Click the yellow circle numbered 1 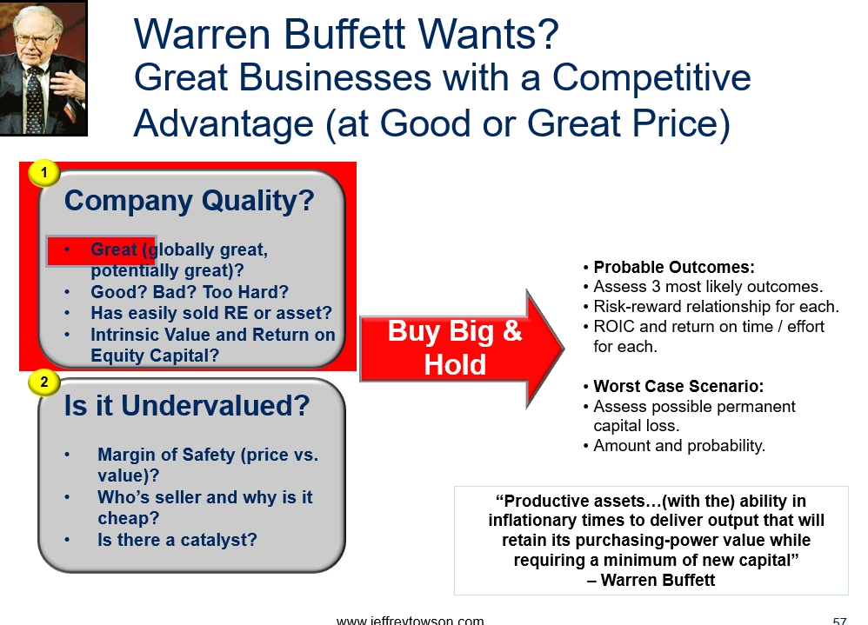pyautogui.click(x=44, y=173)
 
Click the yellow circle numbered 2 pyautogui.click(x=44, y=382)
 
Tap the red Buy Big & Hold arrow pyautogui.click(x=462, y=349)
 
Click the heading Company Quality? pyautogui.click(x=189, y=202)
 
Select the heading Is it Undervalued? pyautogui.click(x=186, y=405)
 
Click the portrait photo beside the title pyautogui.click(x=43, y=68)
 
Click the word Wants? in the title pyautogui.click(x=488, y=34)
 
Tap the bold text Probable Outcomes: pyautogui.click(x=674, y=267)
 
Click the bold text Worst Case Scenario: pyautogui.click(x=678, y=386)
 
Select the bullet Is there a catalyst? pyautogui.click(x=177, y=540)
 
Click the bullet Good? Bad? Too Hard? pyautogui.click(x=190, y=292)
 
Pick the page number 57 pyautogui.click(x=840, y=621)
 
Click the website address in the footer pyautogui.click(x=410, y=621)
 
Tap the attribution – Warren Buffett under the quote pyautogui.click(x=651, y=580)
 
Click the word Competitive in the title pyautogui.click(x=651, y=77)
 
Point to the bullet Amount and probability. pyautogui.click(x=679, y=446)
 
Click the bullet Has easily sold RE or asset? pyautogui.click(x=210, y=313)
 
